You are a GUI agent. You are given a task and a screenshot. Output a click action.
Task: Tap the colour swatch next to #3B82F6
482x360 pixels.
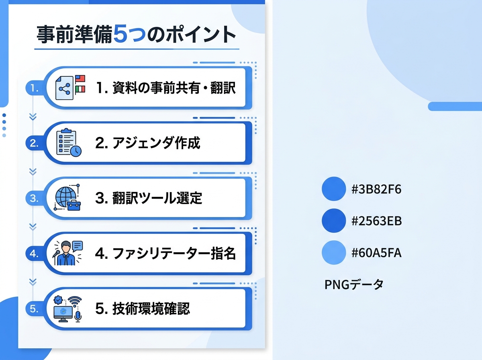(x=334, y=189)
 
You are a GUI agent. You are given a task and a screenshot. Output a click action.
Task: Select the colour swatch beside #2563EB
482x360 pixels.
(x=334, y=221)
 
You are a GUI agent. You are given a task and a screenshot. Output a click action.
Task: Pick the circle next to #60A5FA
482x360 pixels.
(x=334, y=253)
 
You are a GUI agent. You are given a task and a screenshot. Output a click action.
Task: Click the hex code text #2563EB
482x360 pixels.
(x=376, y=221)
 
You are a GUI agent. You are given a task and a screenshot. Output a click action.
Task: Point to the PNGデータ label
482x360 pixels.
(x=354, y=285)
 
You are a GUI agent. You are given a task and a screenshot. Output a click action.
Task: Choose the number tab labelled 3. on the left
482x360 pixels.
(x=33, y=198)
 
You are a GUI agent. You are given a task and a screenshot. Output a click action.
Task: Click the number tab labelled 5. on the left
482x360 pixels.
(x=33, y=309)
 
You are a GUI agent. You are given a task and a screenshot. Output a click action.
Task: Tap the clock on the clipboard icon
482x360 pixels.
(x=76, y=151)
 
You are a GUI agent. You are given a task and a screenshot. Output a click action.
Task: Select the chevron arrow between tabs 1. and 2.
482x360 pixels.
(x=33, y=117)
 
